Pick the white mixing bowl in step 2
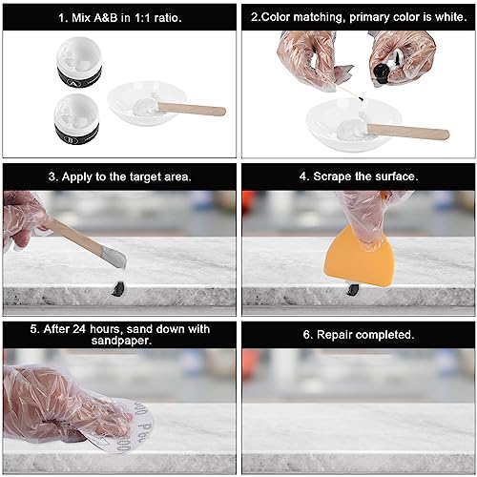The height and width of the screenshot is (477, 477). click(x=351, y=124)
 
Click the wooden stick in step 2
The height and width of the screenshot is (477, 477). click(x=405, y=131)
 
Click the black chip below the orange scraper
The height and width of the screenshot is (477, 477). click(x=355, y=289)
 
